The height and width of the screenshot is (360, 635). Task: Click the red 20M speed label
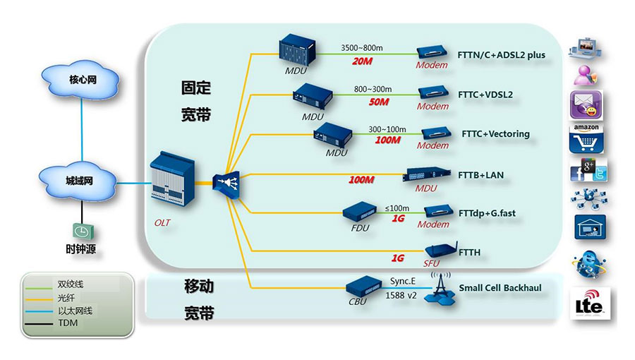pos(361,62)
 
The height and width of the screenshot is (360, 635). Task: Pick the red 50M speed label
pos(378,102)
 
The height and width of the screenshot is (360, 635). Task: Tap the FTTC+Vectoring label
pos(495,134)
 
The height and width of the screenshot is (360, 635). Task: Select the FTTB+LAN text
pos(480,174)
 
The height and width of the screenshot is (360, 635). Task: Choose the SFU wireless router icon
pos(439,251)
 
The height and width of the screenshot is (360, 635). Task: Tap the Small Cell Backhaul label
pos(500,288)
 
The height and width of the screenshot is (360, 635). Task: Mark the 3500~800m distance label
pos(362,48)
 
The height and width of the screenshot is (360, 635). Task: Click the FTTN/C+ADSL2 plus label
pos(502,55)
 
